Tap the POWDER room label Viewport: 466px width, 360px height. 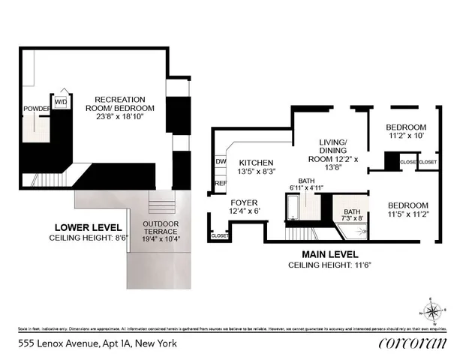pyautogui.click(x=36, y=109)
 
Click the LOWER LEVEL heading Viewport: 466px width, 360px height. pyautogui.click(x=83, y=226)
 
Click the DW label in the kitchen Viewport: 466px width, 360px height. pyautogui.click(x=221, y=161)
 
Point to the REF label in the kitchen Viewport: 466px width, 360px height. pyautogui.click(x=221, y=182)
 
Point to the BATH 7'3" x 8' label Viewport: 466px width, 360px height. pyautogui.click(x=352, y=216)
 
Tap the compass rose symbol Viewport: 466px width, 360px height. pyautogui.click(x=431, y=310)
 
